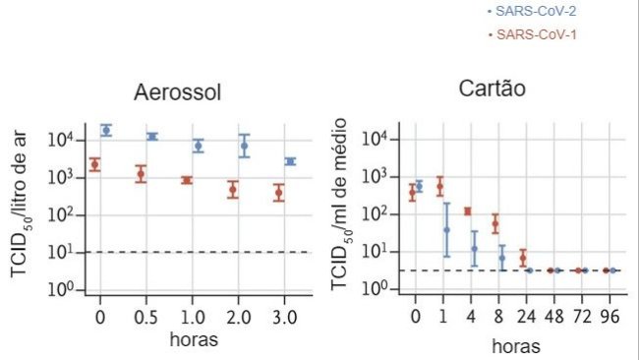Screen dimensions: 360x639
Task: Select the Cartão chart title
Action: (x=493, y=89)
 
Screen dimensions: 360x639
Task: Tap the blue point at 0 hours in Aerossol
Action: (x=106, y=130)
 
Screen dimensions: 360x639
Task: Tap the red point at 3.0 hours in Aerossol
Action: (x=278, y=192)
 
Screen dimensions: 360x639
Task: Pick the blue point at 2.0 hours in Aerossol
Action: (x=245, y=146)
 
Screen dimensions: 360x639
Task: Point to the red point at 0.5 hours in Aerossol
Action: (x=141, y=174)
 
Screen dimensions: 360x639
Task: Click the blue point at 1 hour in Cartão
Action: (x=446, y=229)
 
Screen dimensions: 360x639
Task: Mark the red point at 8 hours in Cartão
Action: (x=495, y=224)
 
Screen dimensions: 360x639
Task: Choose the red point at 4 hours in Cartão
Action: (x=468, y=211)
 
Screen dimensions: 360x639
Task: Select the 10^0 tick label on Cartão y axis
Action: (x=377, y=288)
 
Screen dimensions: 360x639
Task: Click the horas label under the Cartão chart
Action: (x=514, y=346)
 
